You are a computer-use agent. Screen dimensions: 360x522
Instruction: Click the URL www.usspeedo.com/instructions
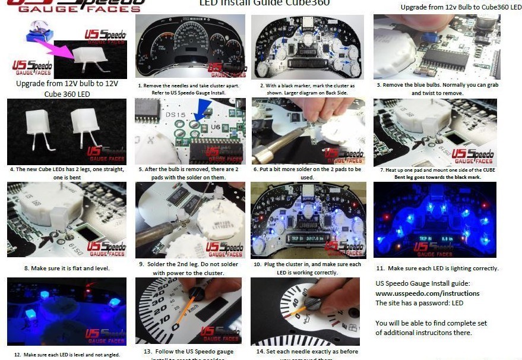click(x=427, y=293)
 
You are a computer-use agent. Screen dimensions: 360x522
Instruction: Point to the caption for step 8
click(x=67, y=268)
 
